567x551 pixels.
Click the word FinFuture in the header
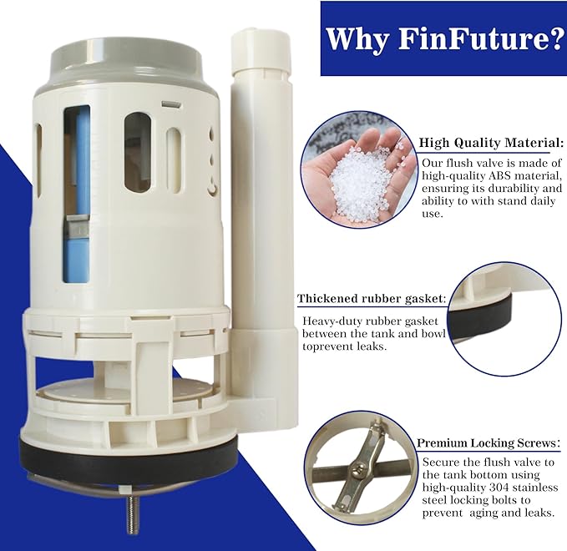tap(473, 38)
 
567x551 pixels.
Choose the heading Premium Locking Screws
tap(486, 443)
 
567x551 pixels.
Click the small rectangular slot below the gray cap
tap(170, 104)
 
